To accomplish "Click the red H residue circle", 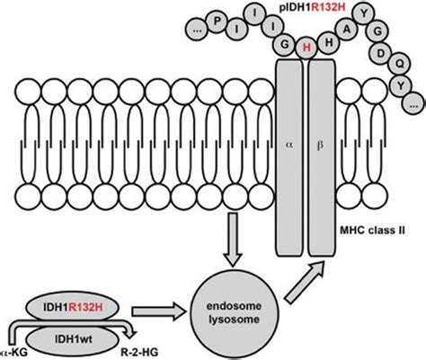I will pyautogui.click(x=307, y=48).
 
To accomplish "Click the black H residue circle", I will pyautogui.click(x=333, y=41).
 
